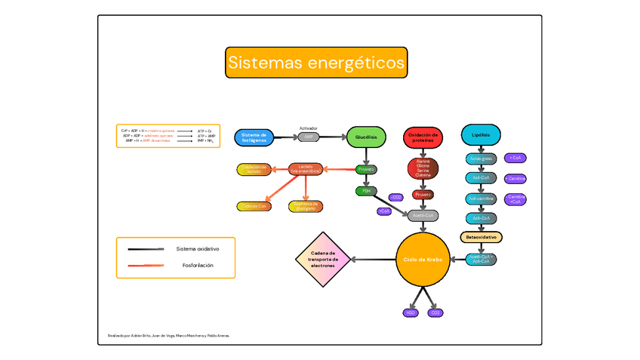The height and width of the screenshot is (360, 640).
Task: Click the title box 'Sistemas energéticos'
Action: click(316, 63)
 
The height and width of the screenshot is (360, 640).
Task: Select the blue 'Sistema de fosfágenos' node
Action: click(254, 137)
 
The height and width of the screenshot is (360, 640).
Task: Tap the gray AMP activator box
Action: click(309, 137)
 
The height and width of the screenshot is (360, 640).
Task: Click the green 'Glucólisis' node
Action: click(366, 137)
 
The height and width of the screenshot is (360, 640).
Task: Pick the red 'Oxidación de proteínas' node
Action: click(423, 136)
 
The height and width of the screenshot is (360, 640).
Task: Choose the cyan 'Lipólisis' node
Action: click(481, 136)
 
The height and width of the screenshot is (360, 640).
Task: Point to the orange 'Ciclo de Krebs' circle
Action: click(423, 260)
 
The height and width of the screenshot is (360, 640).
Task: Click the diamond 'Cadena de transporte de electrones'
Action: click(323, 260)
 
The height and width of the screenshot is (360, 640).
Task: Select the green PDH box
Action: click(366, 191)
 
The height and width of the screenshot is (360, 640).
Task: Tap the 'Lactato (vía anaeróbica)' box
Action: click(305, 169)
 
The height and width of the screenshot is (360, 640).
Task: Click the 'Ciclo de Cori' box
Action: click(253, 206)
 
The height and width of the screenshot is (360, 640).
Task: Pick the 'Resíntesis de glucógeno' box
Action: click(305, 206)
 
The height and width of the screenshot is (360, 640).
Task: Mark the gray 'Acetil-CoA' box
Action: click(423, 216)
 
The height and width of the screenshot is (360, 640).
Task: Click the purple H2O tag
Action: click(411, 312)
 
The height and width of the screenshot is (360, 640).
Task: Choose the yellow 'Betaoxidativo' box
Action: click(481, 237)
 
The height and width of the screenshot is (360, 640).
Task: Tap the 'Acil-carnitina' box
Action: click(481, 198)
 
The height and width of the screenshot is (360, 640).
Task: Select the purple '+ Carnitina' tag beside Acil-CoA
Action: click(516, 179)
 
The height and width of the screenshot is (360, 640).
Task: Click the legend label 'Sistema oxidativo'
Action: click(198, 248)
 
